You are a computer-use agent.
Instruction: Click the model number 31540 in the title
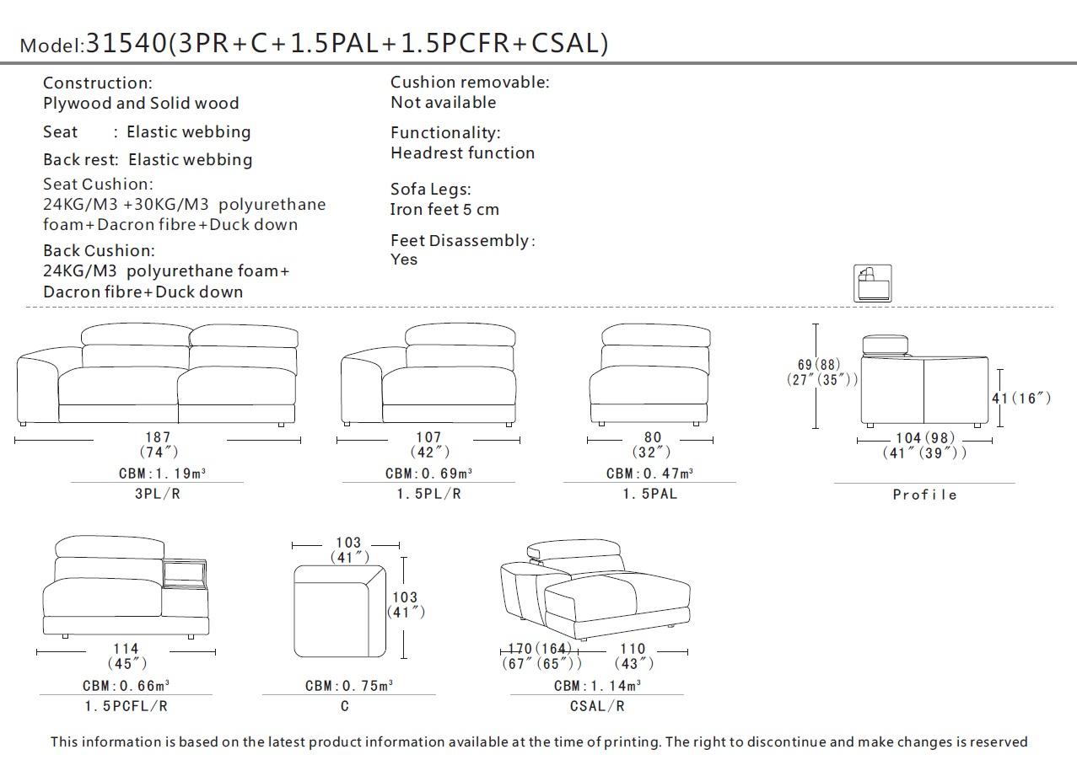click(x=127, y=43)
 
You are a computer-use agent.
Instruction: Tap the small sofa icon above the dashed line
click(x=872, y=283)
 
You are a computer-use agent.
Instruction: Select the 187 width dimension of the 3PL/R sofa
click(x=158, y=437)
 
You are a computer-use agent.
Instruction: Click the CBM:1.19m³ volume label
click(x=162, y=474)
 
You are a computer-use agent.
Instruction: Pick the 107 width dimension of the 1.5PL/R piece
click(x=428, y=437)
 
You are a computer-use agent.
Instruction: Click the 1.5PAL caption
click(x=649, y=494)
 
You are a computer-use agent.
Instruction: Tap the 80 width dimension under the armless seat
click(x=653, y=437)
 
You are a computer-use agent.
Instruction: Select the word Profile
click(x=924, y=495)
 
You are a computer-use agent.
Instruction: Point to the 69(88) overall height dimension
click(x=819, y=365)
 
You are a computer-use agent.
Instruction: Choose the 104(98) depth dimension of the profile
click(x=924, y=438)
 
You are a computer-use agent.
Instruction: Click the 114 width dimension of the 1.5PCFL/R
click(x=127, y=649)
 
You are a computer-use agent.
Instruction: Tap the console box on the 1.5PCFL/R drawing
click(x=184, y=573)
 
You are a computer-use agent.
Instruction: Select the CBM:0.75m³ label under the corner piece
click(x=348, y=686)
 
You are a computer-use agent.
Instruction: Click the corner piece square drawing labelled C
click(x=339, y=611)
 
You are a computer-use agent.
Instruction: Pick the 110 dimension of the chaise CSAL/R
click(x=633, y=649)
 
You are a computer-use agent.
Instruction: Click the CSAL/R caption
click(x=597, y=706)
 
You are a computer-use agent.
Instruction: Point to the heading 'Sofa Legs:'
click(x=430, y=190)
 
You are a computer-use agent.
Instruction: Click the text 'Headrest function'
click(x=462, y=153)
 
